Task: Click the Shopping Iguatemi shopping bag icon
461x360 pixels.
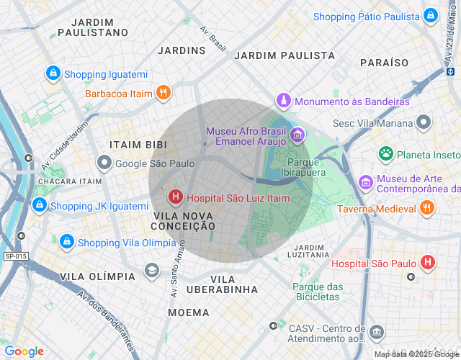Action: [53, 73]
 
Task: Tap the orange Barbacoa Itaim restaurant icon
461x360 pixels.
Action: [164, 92]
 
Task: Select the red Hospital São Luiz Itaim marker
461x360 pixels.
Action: [175, 197]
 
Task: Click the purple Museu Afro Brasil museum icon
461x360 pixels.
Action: [297, 135]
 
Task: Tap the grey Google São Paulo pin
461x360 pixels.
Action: [104, 163]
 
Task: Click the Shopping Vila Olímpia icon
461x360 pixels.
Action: [67, 242]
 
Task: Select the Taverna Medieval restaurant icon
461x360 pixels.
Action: [427, 207]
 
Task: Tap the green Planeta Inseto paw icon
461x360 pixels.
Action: [387, 153]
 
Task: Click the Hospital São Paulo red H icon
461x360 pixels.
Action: [429, 263]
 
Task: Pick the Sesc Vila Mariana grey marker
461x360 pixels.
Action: [424, 122]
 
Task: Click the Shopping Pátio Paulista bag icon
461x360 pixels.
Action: [431, 16]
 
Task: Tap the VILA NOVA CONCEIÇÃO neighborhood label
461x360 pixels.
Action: [184, 220]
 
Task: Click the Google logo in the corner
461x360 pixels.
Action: [24, 351]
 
